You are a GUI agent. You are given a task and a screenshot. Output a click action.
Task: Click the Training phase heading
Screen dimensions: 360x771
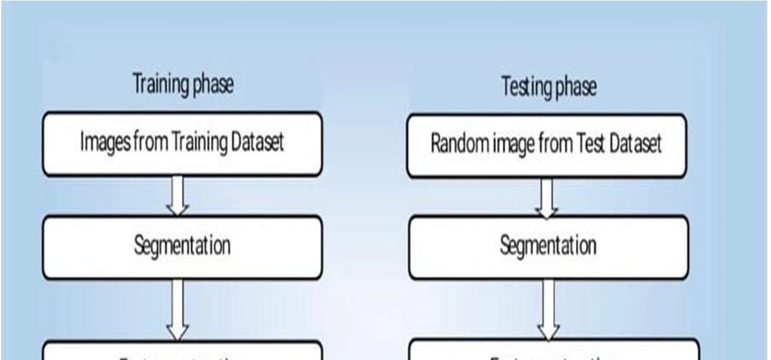coord(183,85)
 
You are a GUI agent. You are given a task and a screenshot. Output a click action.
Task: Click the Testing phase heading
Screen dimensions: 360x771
coord(549,87)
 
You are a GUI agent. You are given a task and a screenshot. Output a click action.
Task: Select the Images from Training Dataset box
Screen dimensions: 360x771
coord(182,143)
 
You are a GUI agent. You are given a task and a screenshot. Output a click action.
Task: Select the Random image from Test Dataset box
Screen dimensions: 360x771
coord(546,145)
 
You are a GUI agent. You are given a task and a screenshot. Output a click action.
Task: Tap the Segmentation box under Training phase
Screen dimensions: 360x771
coord(182,246)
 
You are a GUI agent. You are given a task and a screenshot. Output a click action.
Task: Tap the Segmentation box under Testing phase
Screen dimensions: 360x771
coord(548,246)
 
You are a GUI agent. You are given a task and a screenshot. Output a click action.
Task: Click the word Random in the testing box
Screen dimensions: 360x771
coord(459,145)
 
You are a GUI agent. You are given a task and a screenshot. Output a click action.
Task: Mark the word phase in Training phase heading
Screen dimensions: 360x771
coord(214,85)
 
